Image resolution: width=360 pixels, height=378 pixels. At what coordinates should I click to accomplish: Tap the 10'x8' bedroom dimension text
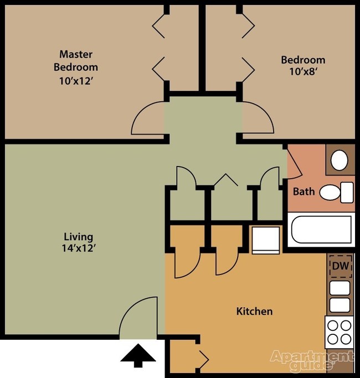tap(302, 72)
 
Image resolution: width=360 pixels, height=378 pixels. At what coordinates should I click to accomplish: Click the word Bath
tap(304, 192)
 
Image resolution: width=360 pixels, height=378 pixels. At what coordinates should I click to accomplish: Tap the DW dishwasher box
tap(340, 266)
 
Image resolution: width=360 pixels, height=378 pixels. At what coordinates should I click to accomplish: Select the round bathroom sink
tap(339, 161)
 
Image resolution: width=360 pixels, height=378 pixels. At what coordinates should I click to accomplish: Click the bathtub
tap(321, 230)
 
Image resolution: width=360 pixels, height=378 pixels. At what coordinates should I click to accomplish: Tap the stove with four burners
tap(339, 332)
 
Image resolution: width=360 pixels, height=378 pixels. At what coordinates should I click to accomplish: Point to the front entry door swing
tap(138, 318)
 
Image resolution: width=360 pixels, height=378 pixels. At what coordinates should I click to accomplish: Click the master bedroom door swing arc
tap(147, 118)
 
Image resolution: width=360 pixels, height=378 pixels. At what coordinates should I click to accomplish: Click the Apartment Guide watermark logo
tap(311, 360)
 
